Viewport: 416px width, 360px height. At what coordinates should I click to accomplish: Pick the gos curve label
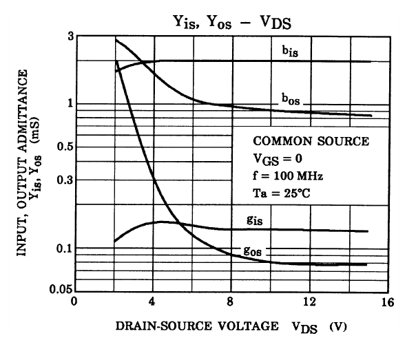[x=251, y=250]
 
